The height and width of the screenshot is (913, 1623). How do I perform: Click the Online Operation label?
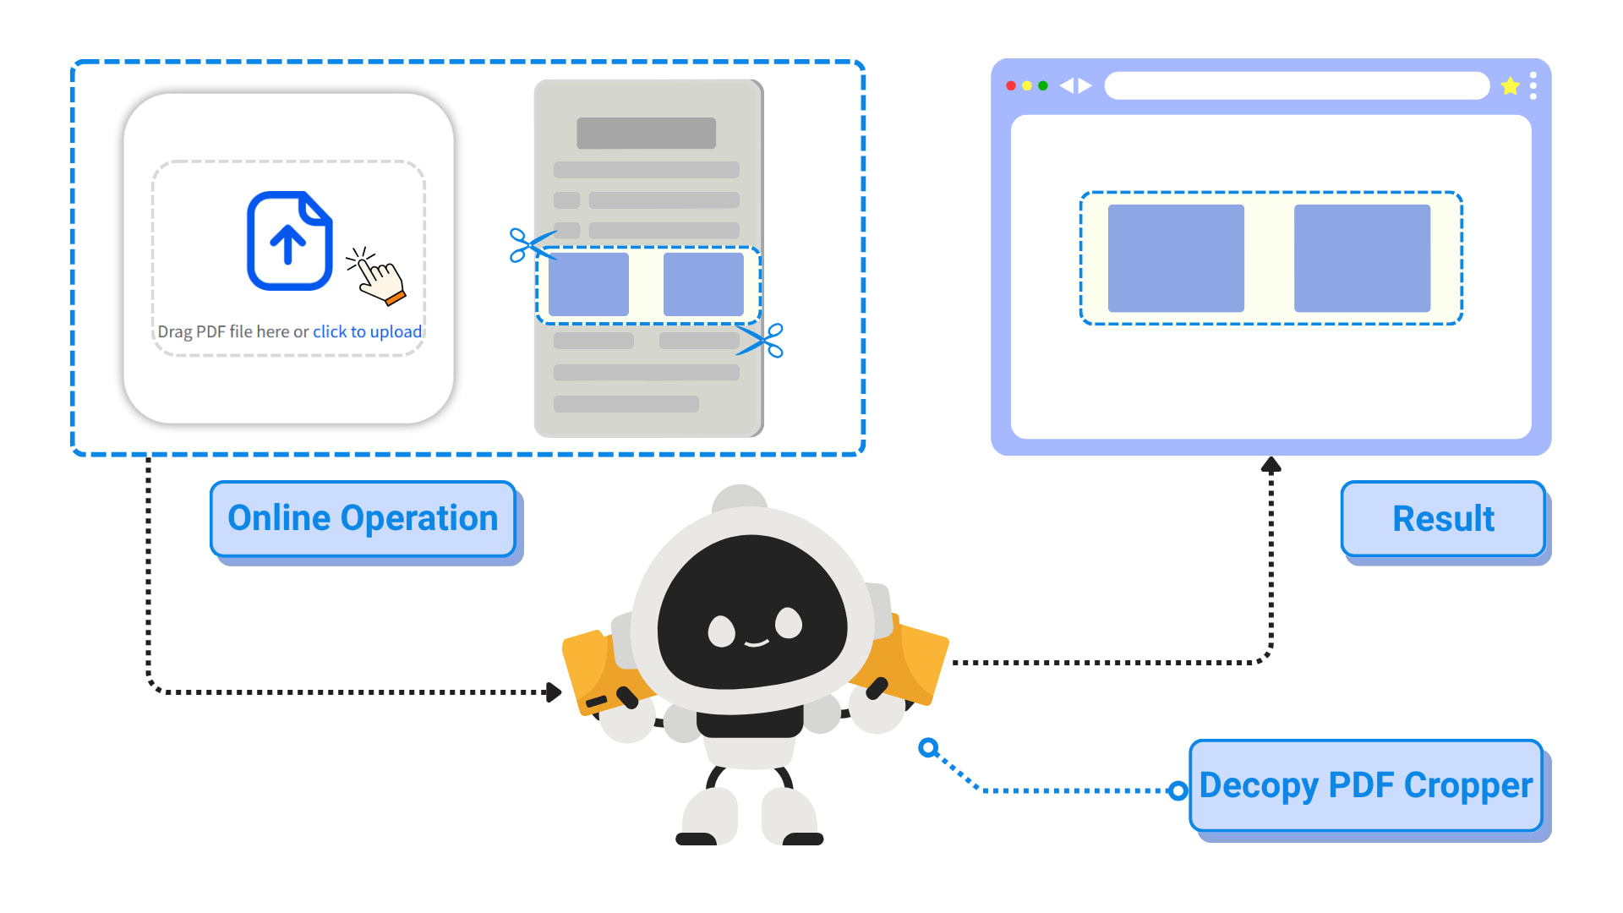pyautogui.click(x=363, y=518)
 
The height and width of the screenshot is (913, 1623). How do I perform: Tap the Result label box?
pyautogui.click(x=1443, y=518)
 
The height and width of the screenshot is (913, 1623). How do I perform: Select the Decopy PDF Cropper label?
pyautogui.click(x=1365, y=785)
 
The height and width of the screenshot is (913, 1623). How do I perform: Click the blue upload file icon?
pyautogui.click(x=289, y=241)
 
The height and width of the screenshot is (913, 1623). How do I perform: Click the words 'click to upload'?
pyautogui.click(x=367, y=331)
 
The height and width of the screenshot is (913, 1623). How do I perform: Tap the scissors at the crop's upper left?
pyautogui.click(x=529, y=245)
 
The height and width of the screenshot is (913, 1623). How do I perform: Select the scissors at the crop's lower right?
pyautogui.click(x=762, y=340)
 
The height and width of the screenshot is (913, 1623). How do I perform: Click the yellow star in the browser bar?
pyautogui.click(x=1510, y=85)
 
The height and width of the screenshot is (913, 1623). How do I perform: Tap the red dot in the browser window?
pyautogui.click(x=1011, y=85)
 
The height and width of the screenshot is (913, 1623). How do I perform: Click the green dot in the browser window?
pyautogui.click(x=1043, y=85)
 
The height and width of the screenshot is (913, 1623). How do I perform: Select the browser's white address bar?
pyautogui.click(x=1297, y=85)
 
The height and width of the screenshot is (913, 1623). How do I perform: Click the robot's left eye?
pyautogui.click(x=721, y=631)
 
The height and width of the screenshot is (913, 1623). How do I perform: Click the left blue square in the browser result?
pyautogui.click(x=1176, y=258)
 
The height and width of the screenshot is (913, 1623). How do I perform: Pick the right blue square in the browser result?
pyautogui.click(x=1362, y=258)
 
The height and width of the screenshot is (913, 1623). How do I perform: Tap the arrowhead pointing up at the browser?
pyautogui.click(x=1271, y=464)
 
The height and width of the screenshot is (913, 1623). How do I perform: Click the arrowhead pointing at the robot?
pyautogui.click(x=555, y=692)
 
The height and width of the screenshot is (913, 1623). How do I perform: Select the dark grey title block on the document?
pyautogui.click(x=646, y=133)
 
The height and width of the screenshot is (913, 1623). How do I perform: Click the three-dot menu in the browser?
pyautogui.click(x=1533, y=85)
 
